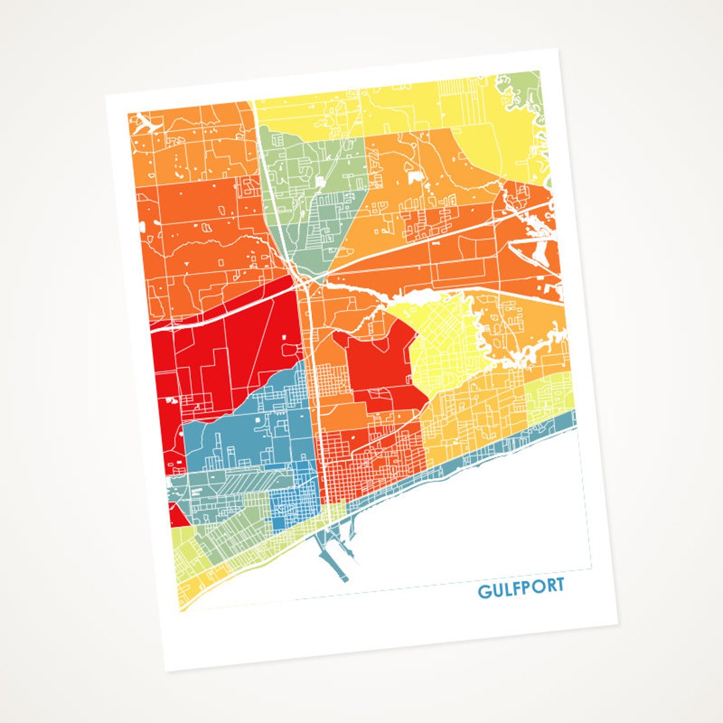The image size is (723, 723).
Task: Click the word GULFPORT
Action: click(x=521, y=588)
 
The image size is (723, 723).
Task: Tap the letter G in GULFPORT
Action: click(x=483, y=592)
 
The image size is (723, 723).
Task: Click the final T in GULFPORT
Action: click(x=559, y=585)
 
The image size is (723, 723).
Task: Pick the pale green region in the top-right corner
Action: click(x=526, y=90)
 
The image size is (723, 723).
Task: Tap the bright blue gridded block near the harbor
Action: click(x=295, y=509)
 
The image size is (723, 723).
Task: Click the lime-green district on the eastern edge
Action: click(x=552, y=395)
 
